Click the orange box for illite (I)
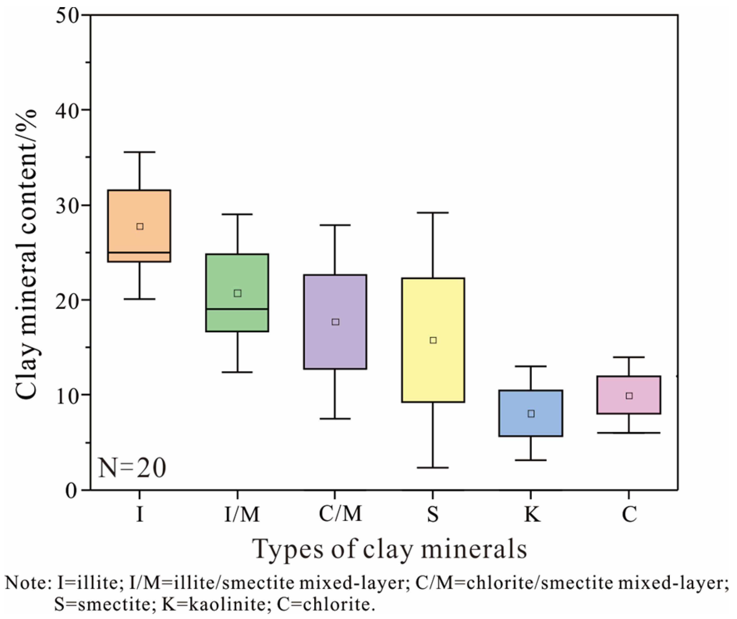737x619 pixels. pyautogui.click(x=139, y=210)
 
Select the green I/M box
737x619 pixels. pyautogui.click(x=237, y=277)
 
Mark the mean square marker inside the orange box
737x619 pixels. pyautogui.click(x=140, y=226)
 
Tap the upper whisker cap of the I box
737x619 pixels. pyautogui.click(x=140, y=152)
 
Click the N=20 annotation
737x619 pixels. pyautogui.click(x=132, y=468)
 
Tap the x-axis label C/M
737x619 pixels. pyautogui.click(x=340, y=514)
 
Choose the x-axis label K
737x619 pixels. pyautogui.click(x=532, y=514)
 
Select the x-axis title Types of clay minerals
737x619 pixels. pyautogui.click(x=390, y=549)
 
